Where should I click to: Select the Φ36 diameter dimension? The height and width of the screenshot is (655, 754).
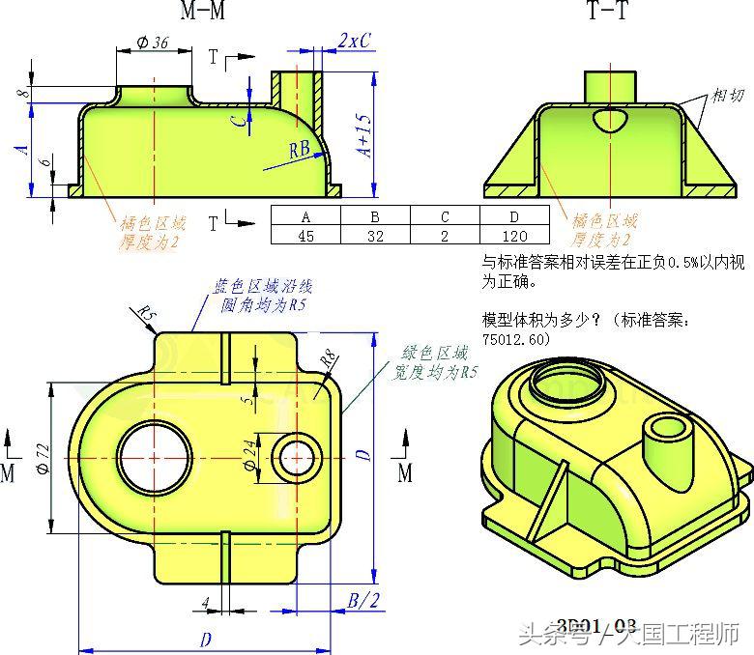[153, 43]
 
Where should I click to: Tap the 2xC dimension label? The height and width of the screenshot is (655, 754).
[355, 42]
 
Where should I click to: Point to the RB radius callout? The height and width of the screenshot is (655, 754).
[300, 149]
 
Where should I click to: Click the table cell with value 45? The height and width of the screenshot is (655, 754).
[305, 235]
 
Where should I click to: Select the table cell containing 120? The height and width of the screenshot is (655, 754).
[514, 235]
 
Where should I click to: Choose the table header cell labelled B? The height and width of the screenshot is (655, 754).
[375, 216]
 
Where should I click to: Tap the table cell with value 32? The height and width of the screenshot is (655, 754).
[375, 235]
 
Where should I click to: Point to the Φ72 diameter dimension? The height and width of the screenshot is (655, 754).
[42, 458]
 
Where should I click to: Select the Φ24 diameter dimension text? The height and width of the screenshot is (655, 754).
[249, 455]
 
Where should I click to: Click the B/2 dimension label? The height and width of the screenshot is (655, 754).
[364, 600]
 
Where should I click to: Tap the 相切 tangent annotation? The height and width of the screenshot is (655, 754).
[729, 96]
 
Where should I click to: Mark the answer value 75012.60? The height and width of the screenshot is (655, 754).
[515, 340]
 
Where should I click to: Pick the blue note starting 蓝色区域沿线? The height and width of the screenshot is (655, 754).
[263, 295]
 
